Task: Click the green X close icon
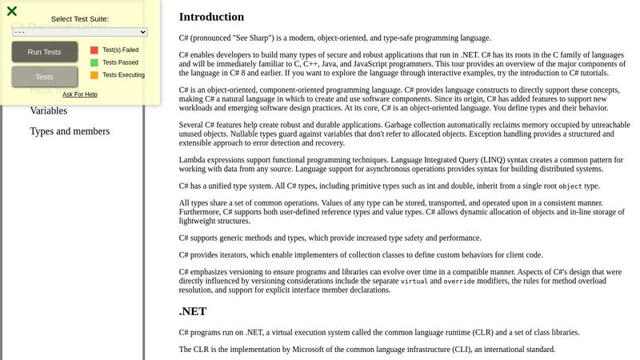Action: point(12,11)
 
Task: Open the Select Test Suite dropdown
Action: point(80,32)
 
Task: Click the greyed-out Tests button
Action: point(45,77)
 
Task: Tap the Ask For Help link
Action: point(80,94)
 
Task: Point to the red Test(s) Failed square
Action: point(94,50)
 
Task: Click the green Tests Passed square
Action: point(94,62)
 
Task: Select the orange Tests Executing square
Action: point(94,75)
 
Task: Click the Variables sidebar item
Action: point(48,111)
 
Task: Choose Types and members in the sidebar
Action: point(70,131)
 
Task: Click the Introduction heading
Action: point(211,17)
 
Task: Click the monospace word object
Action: point(570,186)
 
